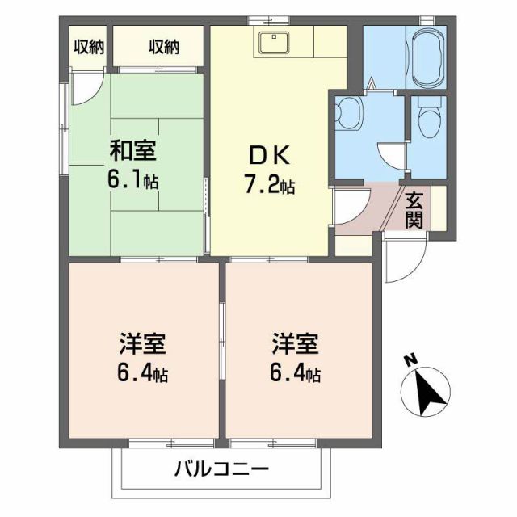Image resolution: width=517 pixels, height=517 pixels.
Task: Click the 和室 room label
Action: pos(133,150)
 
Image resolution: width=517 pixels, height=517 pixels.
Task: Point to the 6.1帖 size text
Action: pos(134,180)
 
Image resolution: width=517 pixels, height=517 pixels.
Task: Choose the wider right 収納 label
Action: pos(162,48)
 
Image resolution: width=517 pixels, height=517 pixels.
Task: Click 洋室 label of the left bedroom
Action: pos(142,345)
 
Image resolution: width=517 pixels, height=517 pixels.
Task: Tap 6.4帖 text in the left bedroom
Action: pos(143,376)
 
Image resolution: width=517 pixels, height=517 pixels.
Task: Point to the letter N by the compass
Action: pos(410,359)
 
